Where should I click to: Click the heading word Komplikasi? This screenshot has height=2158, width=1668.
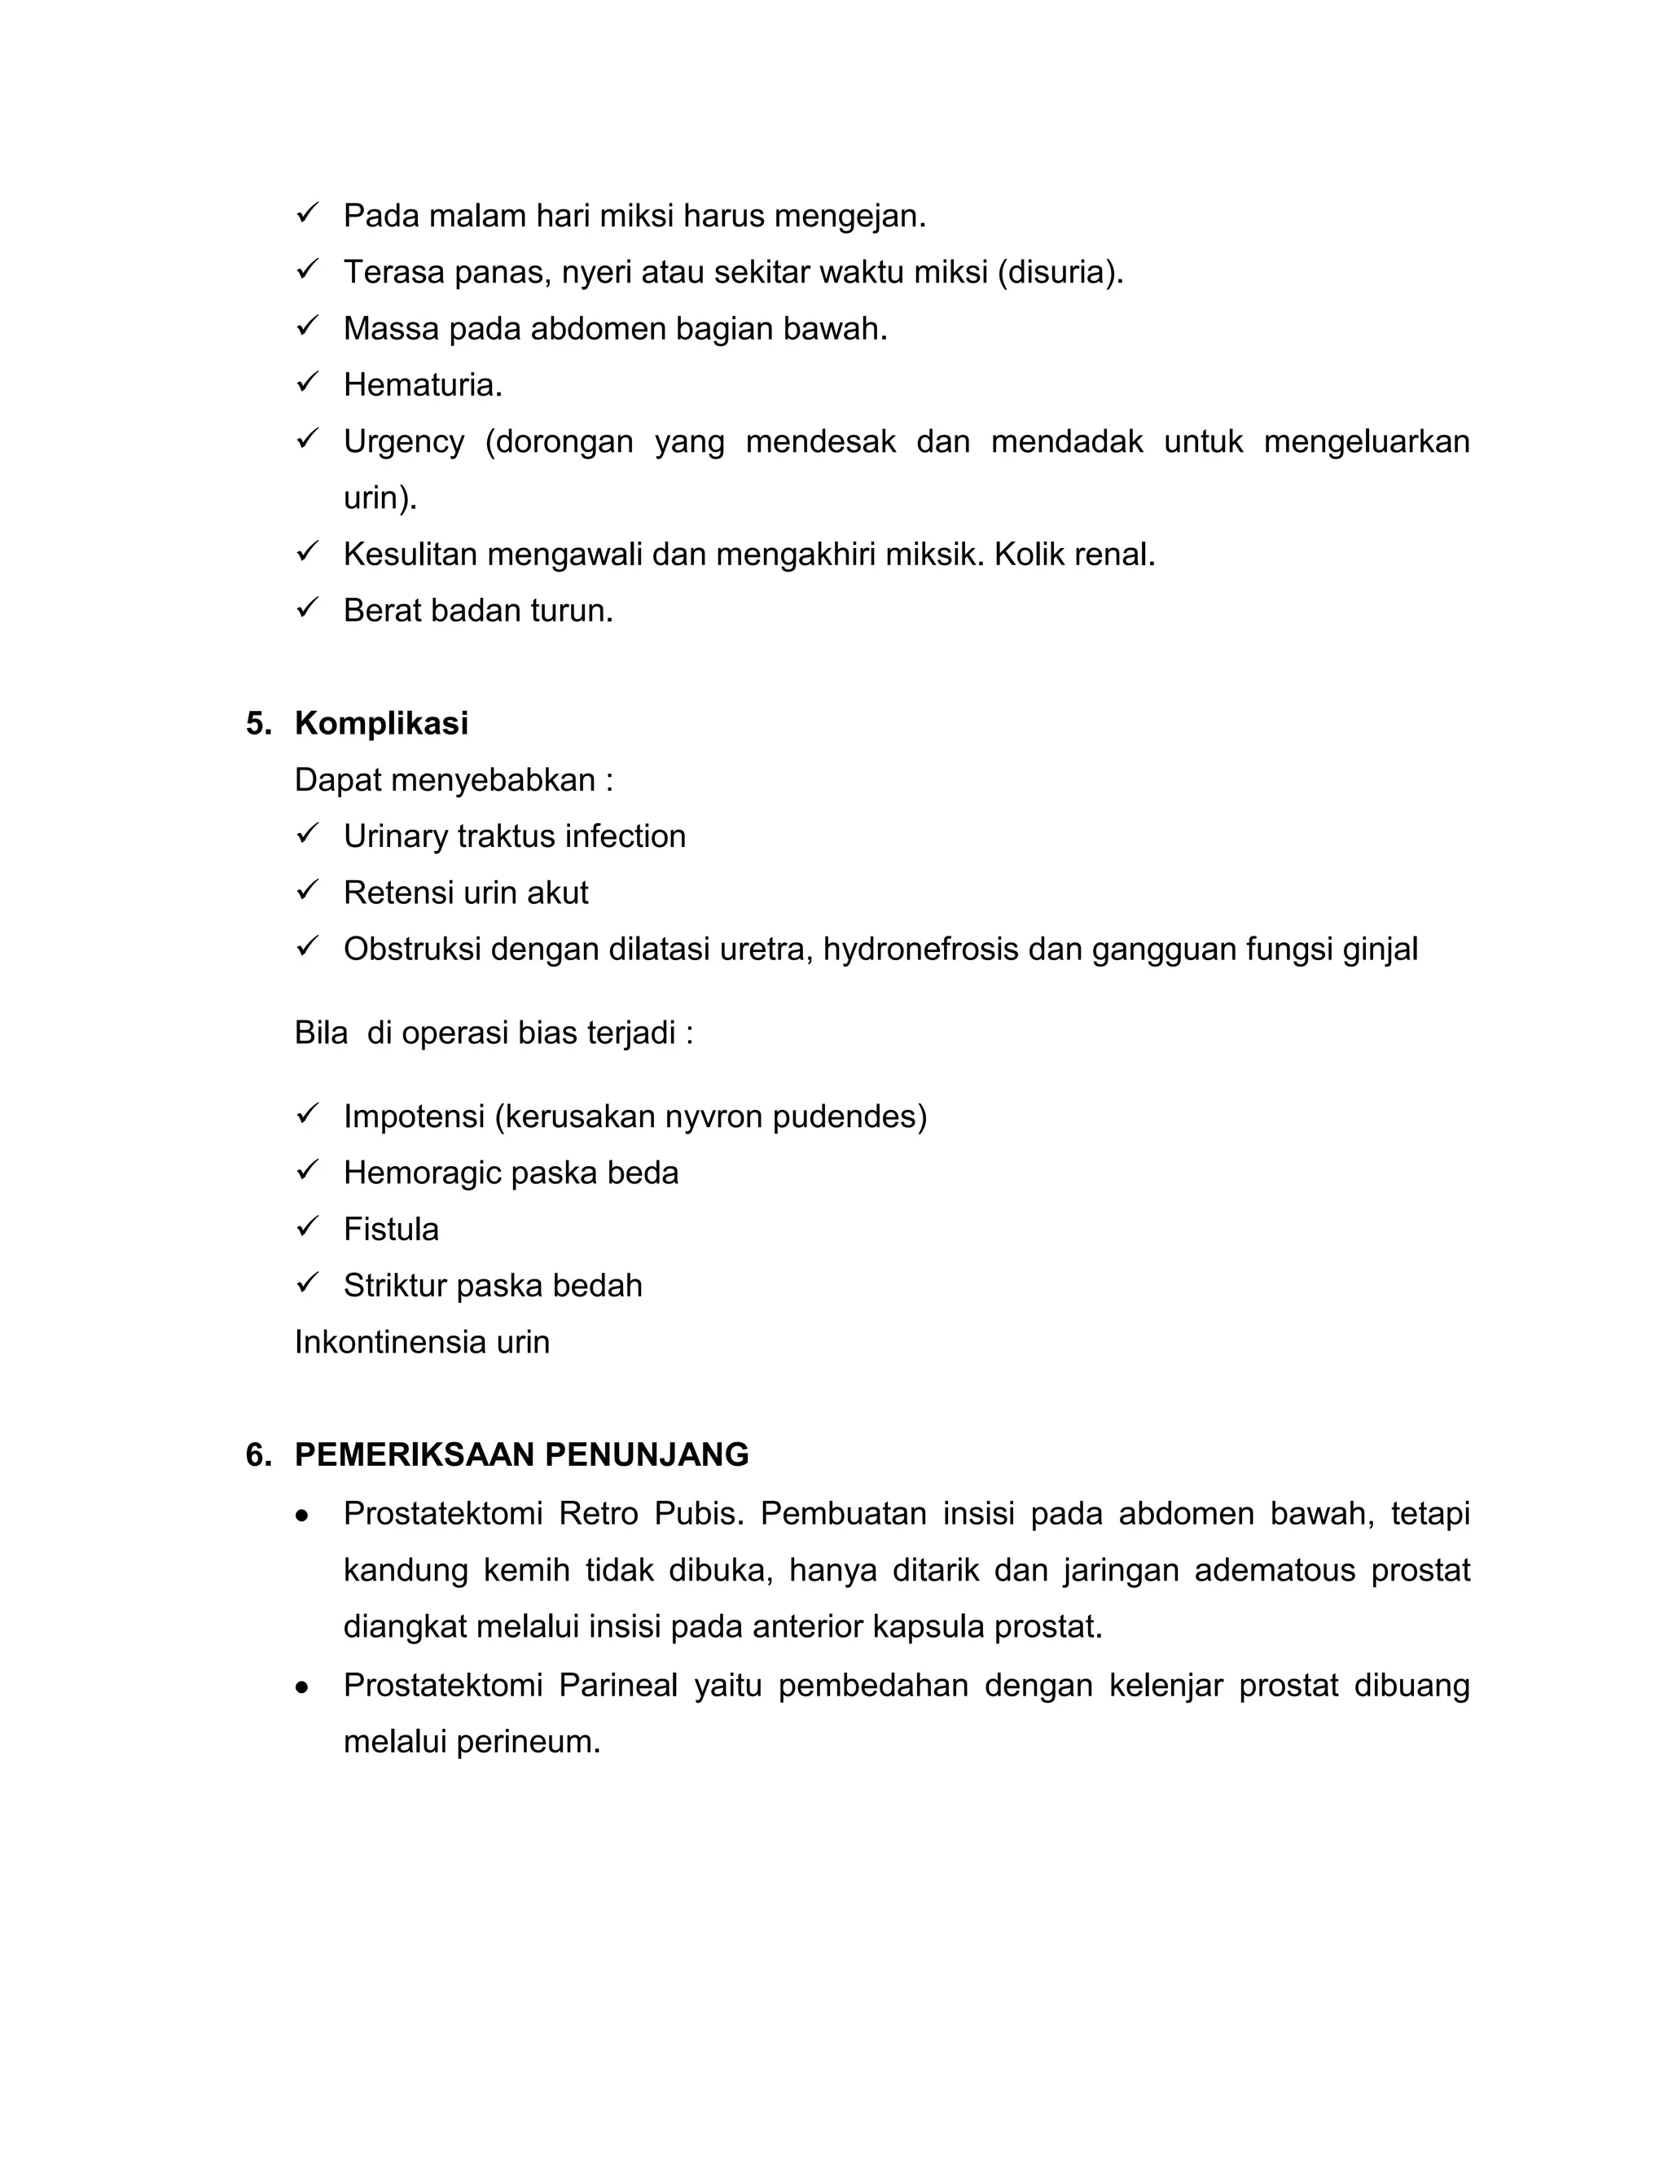point(380,723)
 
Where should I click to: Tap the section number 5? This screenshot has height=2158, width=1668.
point(257,723)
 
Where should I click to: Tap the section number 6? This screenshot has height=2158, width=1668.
point(257,1454)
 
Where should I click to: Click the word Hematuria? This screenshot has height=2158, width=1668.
point(422,385)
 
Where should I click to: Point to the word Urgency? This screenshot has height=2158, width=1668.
point(403,441)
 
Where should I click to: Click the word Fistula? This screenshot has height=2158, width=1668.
point(390,1229)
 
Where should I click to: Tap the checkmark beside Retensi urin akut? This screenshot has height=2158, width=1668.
point(306,889)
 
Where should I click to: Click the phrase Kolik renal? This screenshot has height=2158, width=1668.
point(1074,555)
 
